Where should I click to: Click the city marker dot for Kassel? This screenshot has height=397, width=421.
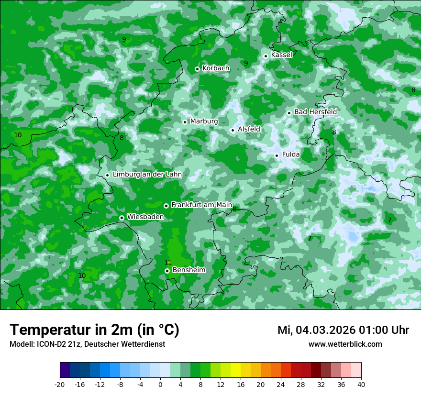(266, 56)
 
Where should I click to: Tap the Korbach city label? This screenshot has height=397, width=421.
(216, 68)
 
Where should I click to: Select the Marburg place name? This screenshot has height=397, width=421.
(204, 121)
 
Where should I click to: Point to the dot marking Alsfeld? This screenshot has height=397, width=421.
(233, 130)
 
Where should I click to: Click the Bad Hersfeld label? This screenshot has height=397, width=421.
(315, 112)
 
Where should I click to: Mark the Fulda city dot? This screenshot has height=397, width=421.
(277, 155)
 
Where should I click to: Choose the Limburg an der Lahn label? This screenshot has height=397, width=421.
(147, 175)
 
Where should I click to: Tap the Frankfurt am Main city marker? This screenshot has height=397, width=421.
(166, 206)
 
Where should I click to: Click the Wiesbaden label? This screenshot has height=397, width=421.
(145, 217)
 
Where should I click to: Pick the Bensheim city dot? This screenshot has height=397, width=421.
(167, 271)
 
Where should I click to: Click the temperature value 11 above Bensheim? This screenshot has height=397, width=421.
(168, 262)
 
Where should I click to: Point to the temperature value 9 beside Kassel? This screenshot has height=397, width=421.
(246, 63)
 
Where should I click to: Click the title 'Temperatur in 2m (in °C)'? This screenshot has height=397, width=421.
(95, 330)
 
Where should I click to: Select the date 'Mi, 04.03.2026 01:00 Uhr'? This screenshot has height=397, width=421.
(343, 330)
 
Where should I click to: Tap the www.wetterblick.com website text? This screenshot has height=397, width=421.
(345, 344)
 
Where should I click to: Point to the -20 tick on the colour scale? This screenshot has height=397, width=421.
(60, 384)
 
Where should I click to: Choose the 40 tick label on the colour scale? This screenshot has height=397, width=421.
(361, 384)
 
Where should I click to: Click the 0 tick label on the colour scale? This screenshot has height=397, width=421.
(160, 384)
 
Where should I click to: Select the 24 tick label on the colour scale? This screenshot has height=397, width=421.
(281, 384)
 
